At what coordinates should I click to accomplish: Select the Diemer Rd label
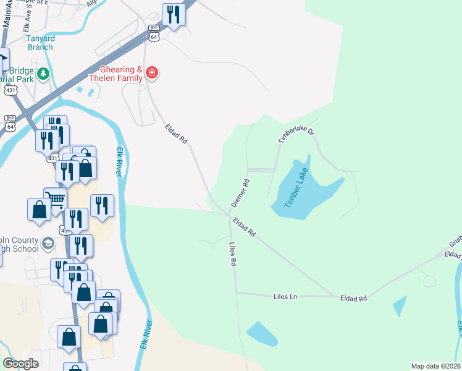[x=240, y=193]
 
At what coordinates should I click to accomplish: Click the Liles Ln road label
[x=285, y=297]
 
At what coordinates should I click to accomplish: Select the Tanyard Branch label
[x=40, y=42]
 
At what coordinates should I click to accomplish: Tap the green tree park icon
[x=43, y=75]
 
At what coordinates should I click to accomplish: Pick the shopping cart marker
[x=56, y=199]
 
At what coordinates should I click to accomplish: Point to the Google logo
[x=21, y=364]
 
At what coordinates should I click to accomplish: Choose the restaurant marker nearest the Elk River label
[x=102, y=206]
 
